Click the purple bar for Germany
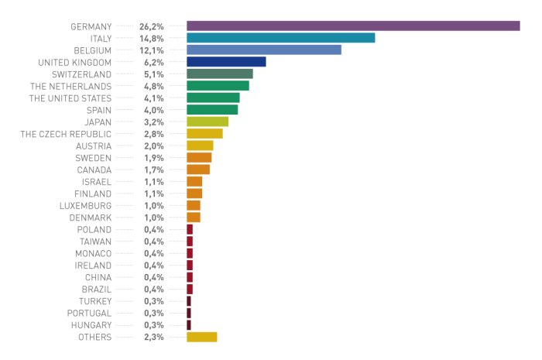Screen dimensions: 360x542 tap(352, 26)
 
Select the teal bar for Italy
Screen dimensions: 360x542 tap(280, 38)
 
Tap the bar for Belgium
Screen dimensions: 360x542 tap(263, 50)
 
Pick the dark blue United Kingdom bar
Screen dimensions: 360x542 tap(226, 62)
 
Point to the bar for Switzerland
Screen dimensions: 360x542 tap(219, 74)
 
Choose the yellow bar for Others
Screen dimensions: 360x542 tap(201, 337)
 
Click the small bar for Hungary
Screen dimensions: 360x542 tap(189, 325)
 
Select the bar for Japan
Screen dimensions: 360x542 tap(208, 122)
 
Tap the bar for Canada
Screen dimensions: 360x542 tap(198, 170)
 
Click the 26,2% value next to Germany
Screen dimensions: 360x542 tap(152, 26)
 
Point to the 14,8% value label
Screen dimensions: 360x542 tap(152, 38)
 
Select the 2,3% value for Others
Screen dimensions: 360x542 tap(154, 337)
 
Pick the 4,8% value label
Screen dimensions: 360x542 tap(154, 86)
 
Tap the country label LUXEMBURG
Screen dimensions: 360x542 tap(85, 205)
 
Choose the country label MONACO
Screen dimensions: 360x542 tap(93, 253)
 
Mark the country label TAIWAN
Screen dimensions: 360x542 tap(94, 242)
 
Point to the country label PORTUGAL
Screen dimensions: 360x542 tap(89, 313)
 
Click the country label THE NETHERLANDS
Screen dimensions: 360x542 tap(70, 86)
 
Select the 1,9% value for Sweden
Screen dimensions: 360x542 tap(154, 157)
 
